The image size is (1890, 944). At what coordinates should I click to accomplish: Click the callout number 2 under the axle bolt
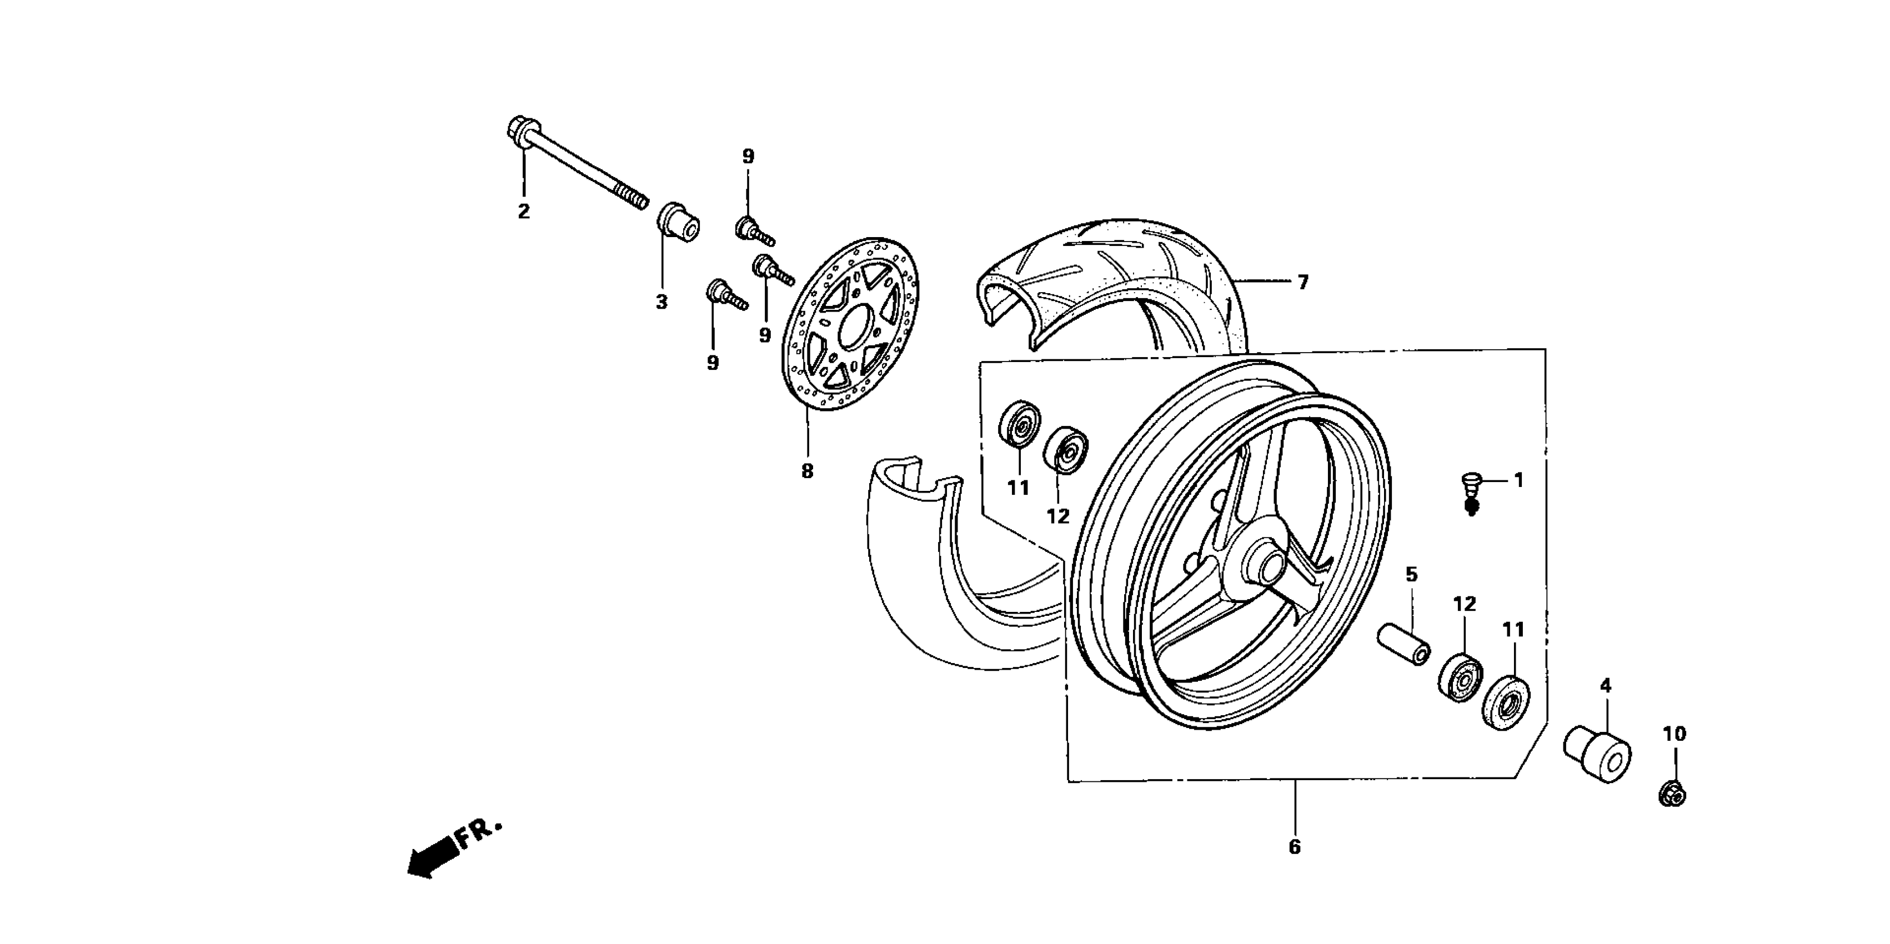[523, 211]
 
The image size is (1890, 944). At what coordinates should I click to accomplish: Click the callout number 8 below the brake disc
[807, 471]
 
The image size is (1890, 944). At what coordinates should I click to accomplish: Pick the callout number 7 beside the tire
[1302, 283]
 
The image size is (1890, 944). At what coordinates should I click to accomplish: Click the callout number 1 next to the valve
[1519, 480]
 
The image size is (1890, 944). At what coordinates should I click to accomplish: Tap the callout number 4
[1605, 686]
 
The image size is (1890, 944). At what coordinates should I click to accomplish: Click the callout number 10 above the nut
[1675, 734]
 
